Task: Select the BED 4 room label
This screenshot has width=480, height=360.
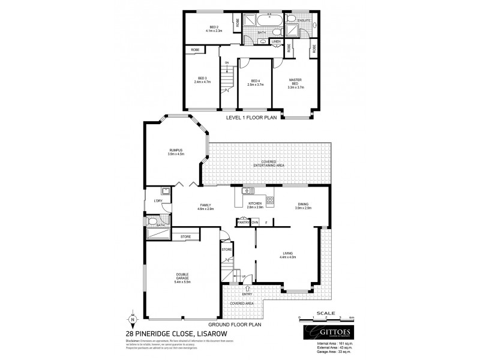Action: [256, 81]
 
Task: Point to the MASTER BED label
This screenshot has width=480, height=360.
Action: [295, 81]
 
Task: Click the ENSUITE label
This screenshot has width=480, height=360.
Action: [304, 20]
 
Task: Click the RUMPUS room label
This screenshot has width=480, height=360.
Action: [175, 150]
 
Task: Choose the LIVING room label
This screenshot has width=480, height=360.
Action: [287, 255]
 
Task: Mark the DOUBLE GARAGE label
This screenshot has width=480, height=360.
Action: [183, 277]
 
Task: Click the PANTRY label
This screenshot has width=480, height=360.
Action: [243, 222]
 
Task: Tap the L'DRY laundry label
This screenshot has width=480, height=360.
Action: [158, 200]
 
